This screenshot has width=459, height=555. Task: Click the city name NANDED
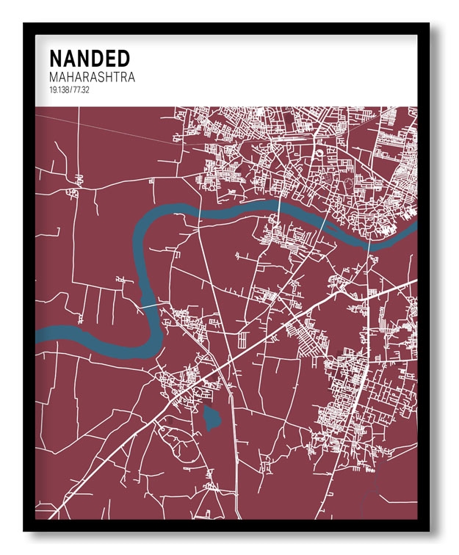pyautogui.click(x=90, y=59)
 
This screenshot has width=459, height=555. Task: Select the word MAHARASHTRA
pyautogui.click(x=92, y=77)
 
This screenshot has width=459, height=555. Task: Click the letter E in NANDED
pyautogui.click(x=106, y=59)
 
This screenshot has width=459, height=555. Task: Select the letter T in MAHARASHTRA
pyautogui.click(x=114, y=77)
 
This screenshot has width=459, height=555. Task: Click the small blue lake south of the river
pyautogui.click(x=212, y=418)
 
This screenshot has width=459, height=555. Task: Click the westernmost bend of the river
pyautogui.click(x=134, y=242)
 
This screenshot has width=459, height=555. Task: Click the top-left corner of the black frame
pyautogui.click(x=24, y=23)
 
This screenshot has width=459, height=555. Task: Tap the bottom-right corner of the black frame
pyautogui.click(x=430, y=531)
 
